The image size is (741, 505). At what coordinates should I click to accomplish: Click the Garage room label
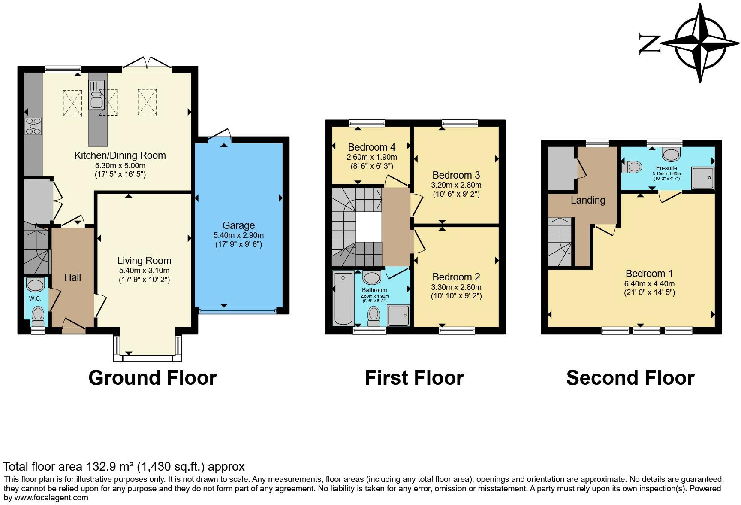[x=238, y=225]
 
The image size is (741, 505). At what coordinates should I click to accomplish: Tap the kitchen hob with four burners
[x=33, y=126]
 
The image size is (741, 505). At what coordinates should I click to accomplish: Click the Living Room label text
[x=144, y=261]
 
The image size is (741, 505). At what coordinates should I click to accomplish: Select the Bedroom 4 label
[x=371, y=147]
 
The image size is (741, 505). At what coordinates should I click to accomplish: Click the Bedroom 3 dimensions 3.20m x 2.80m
[x=456, y=186]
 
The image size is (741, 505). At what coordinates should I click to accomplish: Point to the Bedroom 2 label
[x=456, y=277]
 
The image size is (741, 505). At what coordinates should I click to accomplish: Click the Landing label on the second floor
[x=588, y=200]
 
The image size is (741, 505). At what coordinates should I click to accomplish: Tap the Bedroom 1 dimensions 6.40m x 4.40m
[x=649, y=284]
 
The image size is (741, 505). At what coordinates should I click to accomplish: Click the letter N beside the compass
[x=649, y=44]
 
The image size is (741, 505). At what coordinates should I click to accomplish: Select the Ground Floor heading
[x=152, y=378]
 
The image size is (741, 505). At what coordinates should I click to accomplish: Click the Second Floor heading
[x=630, y=378]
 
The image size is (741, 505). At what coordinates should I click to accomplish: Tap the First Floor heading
[x=414, y=378]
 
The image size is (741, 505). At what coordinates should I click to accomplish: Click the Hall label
[x=72, y=277]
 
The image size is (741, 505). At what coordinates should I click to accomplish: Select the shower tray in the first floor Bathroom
[x=399, y=316]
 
